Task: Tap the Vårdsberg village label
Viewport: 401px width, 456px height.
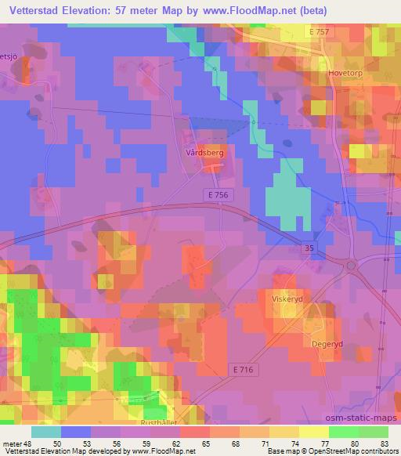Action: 206,154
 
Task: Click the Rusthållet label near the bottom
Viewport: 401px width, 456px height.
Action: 157,421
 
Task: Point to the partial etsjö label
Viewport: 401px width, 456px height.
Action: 9,57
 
